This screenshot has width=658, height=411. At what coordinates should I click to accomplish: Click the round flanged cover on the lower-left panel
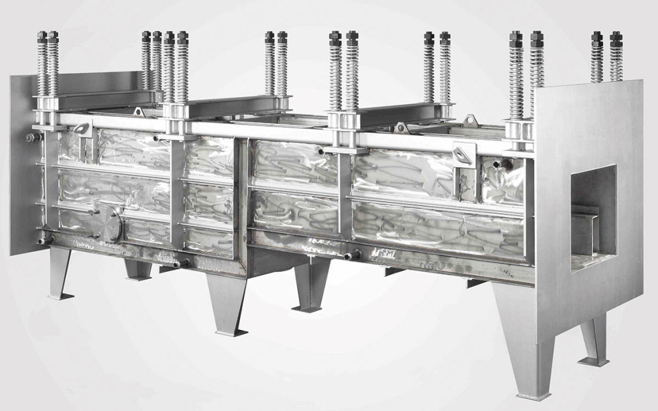click(x=114, y=223)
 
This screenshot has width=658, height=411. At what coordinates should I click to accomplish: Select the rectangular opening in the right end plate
click(x=593, y=217)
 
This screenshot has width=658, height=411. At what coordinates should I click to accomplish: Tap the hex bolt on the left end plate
click(x=30, y=137)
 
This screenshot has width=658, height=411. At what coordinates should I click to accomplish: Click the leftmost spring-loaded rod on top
click(x=42, y=64)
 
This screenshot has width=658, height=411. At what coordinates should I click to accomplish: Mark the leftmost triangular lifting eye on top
click(x=138, y=113)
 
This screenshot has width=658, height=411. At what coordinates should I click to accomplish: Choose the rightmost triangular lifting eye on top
click(x=470, y=119)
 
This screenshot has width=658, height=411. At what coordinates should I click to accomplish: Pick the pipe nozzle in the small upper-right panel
click(x=501, y=165)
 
